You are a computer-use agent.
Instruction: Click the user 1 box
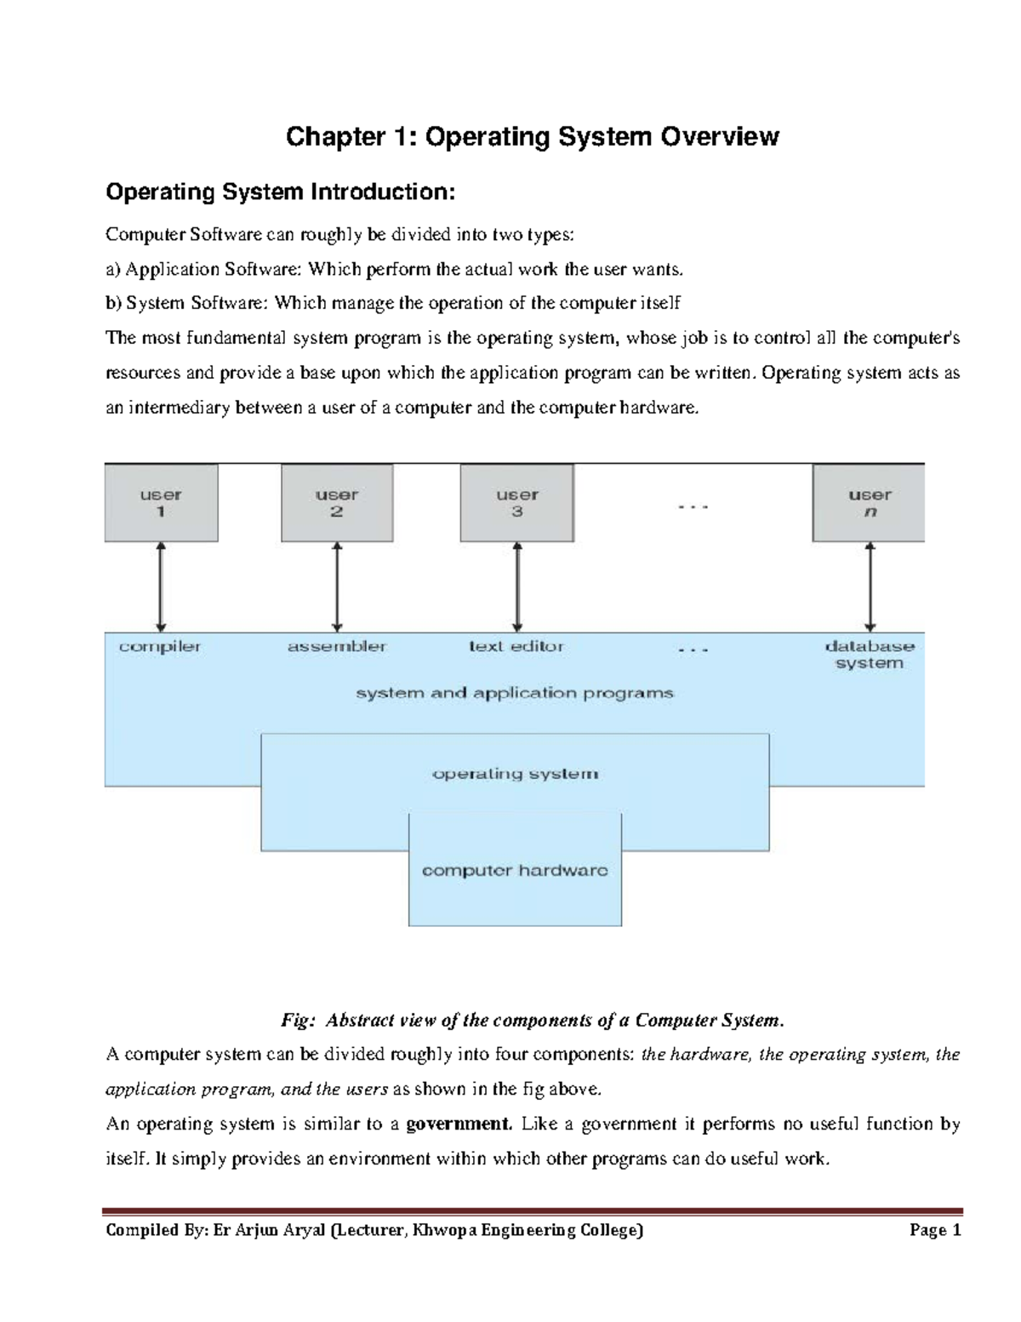pos(161,503)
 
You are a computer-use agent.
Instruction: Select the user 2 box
pos(337,503)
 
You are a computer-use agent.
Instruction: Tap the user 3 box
pos(516,503)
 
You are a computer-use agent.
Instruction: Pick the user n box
pos(869,503)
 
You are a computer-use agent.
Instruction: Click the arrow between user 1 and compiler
pos(161,587)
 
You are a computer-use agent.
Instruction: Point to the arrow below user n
pos(870,587)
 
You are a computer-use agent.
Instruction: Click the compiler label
pos(160,647)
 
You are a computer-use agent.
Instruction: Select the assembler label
pos(337,647)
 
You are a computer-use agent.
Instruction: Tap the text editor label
pos(516,647)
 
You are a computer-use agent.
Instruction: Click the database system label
pos(870,655)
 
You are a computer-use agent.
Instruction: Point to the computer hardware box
pos(515,871)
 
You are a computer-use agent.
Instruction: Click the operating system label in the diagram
pos(515,774)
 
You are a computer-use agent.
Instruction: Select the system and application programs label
pos(515,693)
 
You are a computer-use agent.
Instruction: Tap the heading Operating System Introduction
pos(281,192)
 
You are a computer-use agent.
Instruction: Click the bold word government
pos(459,1124)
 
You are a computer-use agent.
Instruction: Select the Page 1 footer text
pos(935,1230)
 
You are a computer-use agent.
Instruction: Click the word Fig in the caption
pos(297,1020)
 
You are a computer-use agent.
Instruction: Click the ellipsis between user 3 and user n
pos(693,507)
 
